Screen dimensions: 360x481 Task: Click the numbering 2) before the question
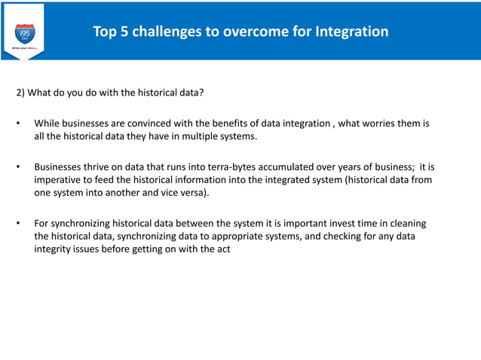point(22,93)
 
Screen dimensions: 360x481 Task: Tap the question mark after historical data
point(202,93)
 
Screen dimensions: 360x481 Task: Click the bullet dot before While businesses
point(18,123)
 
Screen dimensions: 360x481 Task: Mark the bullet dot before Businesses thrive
point(18,166)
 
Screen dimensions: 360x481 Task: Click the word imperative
point(59,180)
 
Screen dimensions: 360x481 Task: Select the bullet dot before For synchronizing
point(18,224)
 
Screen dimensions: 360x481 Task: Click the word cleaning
point(406,224)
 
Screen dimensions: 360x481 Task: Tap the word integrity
point(54,250)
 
